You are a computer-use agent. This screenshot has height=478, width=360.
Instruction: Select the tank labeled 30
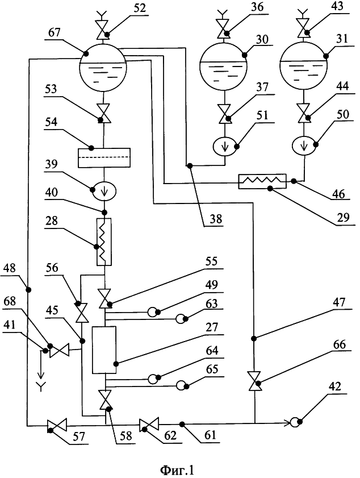pos(224,67)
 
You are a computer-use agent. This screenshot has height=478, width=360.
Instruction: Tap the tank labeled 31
pos(304,67)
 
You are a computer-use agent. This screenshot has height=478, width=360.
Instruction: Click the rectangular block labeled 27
pos(104,350)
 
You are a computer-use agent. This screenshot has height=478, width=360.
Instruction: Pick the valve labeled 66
pos(255,380)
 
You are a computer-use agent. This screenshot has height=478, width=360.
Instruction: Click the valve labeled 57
pos(57,424)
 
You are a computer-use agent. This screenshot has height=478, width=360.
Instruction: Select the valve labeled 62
pos(149,424)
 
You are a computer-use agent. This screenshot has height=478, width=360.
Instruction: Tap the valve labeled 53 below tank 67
pos(104,114)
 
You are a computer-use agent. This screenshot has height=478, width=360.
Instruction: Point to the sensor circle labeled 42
pos(296,422)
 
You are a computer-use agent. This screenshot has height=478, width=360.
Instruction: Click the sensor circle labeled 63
pos(181,319)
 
